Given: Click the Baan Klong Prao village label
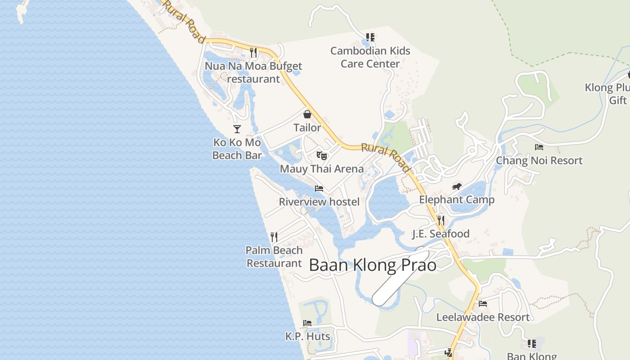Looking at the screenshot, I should click(x=373, y=265).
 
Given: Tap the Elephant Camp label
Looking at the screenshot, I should click(x=457, y=199).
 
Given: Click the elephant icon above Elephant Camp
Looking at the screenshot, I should click(x=457, y=187).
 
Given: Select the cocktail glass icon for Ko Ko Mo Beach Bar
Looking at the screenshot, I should click(x=237, y=130).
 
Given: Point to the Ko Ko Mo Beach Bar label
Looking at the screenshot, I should click(x=237, y=149).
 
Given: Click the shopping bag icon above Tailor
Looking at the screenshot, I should click(x=307, y=114).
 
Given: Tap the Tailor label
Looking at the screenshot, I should click(x=307, y=128).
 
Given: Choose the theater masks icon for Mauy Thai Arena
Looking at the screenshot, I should click(x=321, y=156).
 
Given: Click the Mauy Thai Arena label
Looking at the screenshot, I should click(x=322, y=169).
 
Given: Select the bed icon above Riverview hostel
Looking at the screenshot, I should click(x=319, y=189).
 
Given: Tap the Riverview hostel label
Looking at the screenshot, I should click(x=319, y=202).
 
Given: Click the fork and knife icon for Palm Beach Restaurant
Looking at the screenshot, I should click(x=274, y=237).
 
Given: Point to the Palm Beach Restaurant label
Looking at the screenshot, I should click(x=274, y=256).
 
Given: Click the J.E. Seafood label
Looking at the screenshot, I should click(x=441, y=234).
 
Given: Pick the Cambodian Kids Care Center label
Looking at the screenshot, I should click(x=370, y=57).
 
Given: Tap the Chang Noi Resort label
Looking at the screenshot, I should click(x=539, y=161).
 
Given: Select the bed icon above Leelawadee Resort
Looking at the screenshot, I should click(x=483, y=304).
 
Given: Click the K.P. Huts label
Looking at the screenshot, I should click(x=307, y=336).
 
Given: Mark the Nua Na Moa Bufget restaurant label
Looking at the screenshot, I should click(x=253, y=72).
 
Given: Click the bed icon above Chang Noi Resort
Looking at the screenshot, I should click(x=539, y=147).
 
